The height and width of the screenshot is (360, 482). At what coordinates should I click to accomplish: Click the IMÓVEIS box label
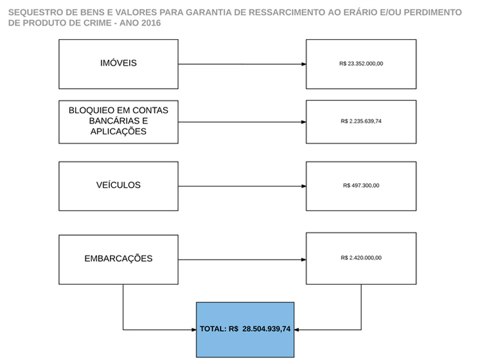click(118, 63)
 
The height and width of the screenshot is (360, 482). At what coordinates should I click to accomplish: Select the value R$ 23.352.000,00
click(361, 64)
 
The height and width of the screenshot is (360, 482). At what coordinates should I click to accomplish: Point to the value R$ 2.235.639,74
click(361, 121)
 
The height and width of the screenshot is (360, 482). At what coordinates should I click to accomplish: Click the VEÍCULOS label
click(118, 185)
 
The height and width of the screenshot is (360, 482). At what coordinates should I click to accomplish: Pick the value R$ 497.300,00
click(361, 185)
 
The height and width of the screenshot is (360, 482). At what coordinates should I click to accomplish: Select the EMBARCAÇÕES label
click(118, 258)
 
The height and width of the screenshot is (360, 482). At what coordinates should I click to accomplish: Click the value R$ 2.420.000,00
click(361, 258)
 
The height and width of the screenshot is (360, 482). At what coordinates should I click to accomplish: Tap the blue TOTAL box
click(245, 330)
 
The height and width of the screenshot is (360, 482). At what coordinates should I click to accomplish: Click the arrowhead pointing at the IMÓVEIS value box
click(304, 64)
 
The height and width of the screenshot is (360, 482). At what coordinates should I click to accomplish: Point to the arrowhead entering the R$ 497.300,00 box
click(304, 186)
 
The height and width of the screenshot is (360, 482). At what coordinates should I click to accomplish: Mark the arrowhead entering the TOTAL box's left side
click(194, 330)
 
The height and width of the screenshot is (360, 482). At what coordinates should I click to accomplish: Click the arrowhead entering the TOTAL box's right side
click(297, 330)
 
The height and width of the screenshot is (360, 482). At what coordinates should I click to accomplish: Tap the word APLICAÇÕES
click(118, 132)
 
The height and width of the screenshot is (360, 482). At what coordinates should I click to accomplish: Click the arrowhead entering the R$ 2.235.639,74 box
click(304, 122)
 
